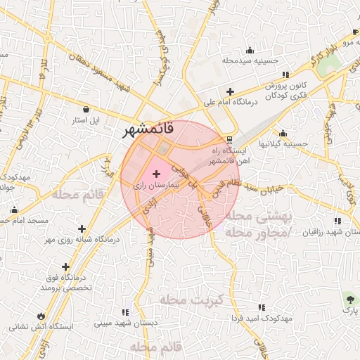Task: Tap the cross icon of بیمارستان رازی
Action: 155,173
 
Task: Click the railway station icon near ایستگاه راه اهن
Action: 229,139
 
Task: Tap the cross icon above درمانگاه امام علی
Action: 230,91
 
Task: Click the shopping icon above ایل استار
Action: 86,109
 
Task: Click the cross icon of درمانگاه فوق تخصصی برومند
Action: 65,266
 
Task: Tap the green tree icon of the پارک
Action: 350,298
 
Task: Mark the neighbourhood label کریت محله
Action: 191,300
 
